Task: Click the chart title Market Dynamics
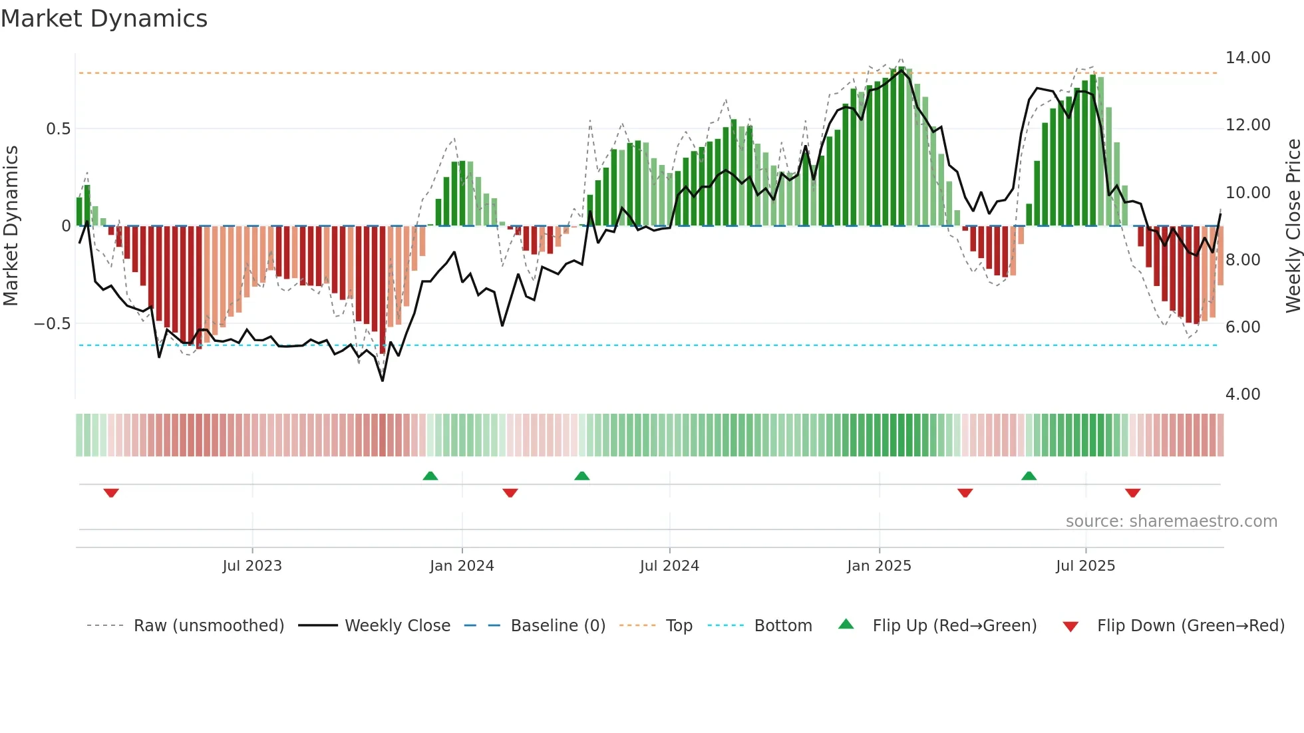click(x=104, y=19)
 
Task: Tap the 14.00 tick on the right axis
click(x=1247, y=58)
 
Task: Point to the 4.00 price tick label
click(x=1242, y=394)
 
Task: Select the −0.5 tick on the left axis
click(x=52, y=324)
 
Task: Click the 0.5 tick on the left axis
click(x=58, y=129)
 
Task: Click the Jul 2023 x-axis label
click(x=252, y=566)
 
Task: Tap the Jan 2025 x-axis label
click(x=879, y=566)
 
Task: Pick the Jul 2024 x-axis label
click(x=669, y=566)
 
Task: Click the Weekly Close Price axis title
click(x=1293, y=226)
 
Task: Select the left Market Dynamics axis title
click(x=11, y=226)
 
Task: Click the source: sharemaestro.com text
click(x=1171, y=521)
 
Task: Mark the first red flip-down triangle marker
click(x=111, y=493)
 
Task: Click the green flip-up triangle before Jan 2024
click(x=430, y=476)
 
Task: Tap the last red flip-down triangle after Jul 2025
click(x=1133, y=493)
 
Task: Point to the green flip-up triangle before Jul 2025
click(x=1029, y=476)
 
